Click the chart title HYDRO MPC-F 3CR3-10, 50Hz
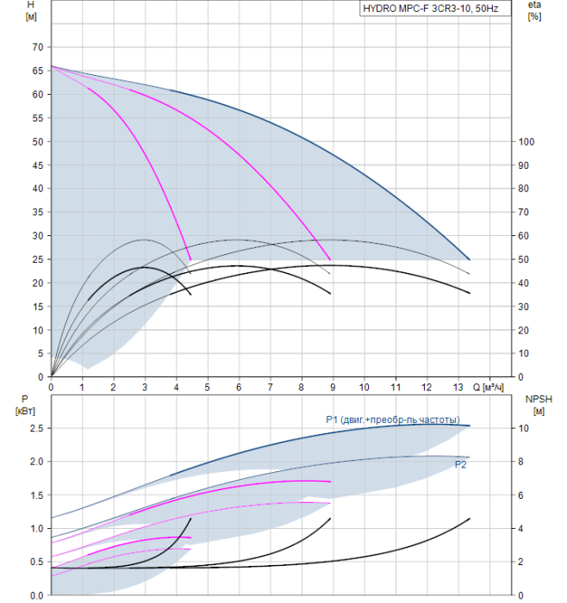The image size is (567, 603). click(x=431, y=9)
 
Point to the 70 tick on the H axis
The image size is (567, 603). click(x=38, y=47)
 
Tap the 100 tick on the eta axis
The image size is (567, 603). click(x=526, y=142)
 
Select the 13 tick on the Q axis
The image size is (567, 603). click(x=458, y=387)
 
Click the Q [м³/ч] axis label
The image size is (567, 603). click(x=488, y=387)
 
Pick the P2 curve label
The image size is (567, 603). click(x=460, y=464)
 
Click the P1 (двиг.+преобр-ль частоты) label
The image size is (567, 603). click(x=393, y=420)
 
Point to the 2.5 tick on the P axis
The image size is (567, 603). click(x=36, y=428)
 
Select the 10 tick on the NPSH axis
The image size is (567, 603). click(x=524, y=428)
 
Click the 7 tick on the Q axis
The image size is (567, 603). click(x=270, y=387)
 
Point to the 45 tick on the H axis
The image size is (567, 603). click(x=38, y=165)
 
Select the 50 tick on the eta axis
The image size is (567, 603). click(x=524, y=259)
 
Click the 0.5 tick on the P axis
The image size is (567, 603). click(x=36, y=562)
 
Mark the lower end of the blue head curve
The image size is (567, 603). click(x=470, y=260)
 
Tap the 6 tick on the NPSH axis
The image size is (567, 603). click(x=520, y=495)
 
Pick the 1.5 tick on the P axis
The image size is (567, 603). click(x=36, y=495)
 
